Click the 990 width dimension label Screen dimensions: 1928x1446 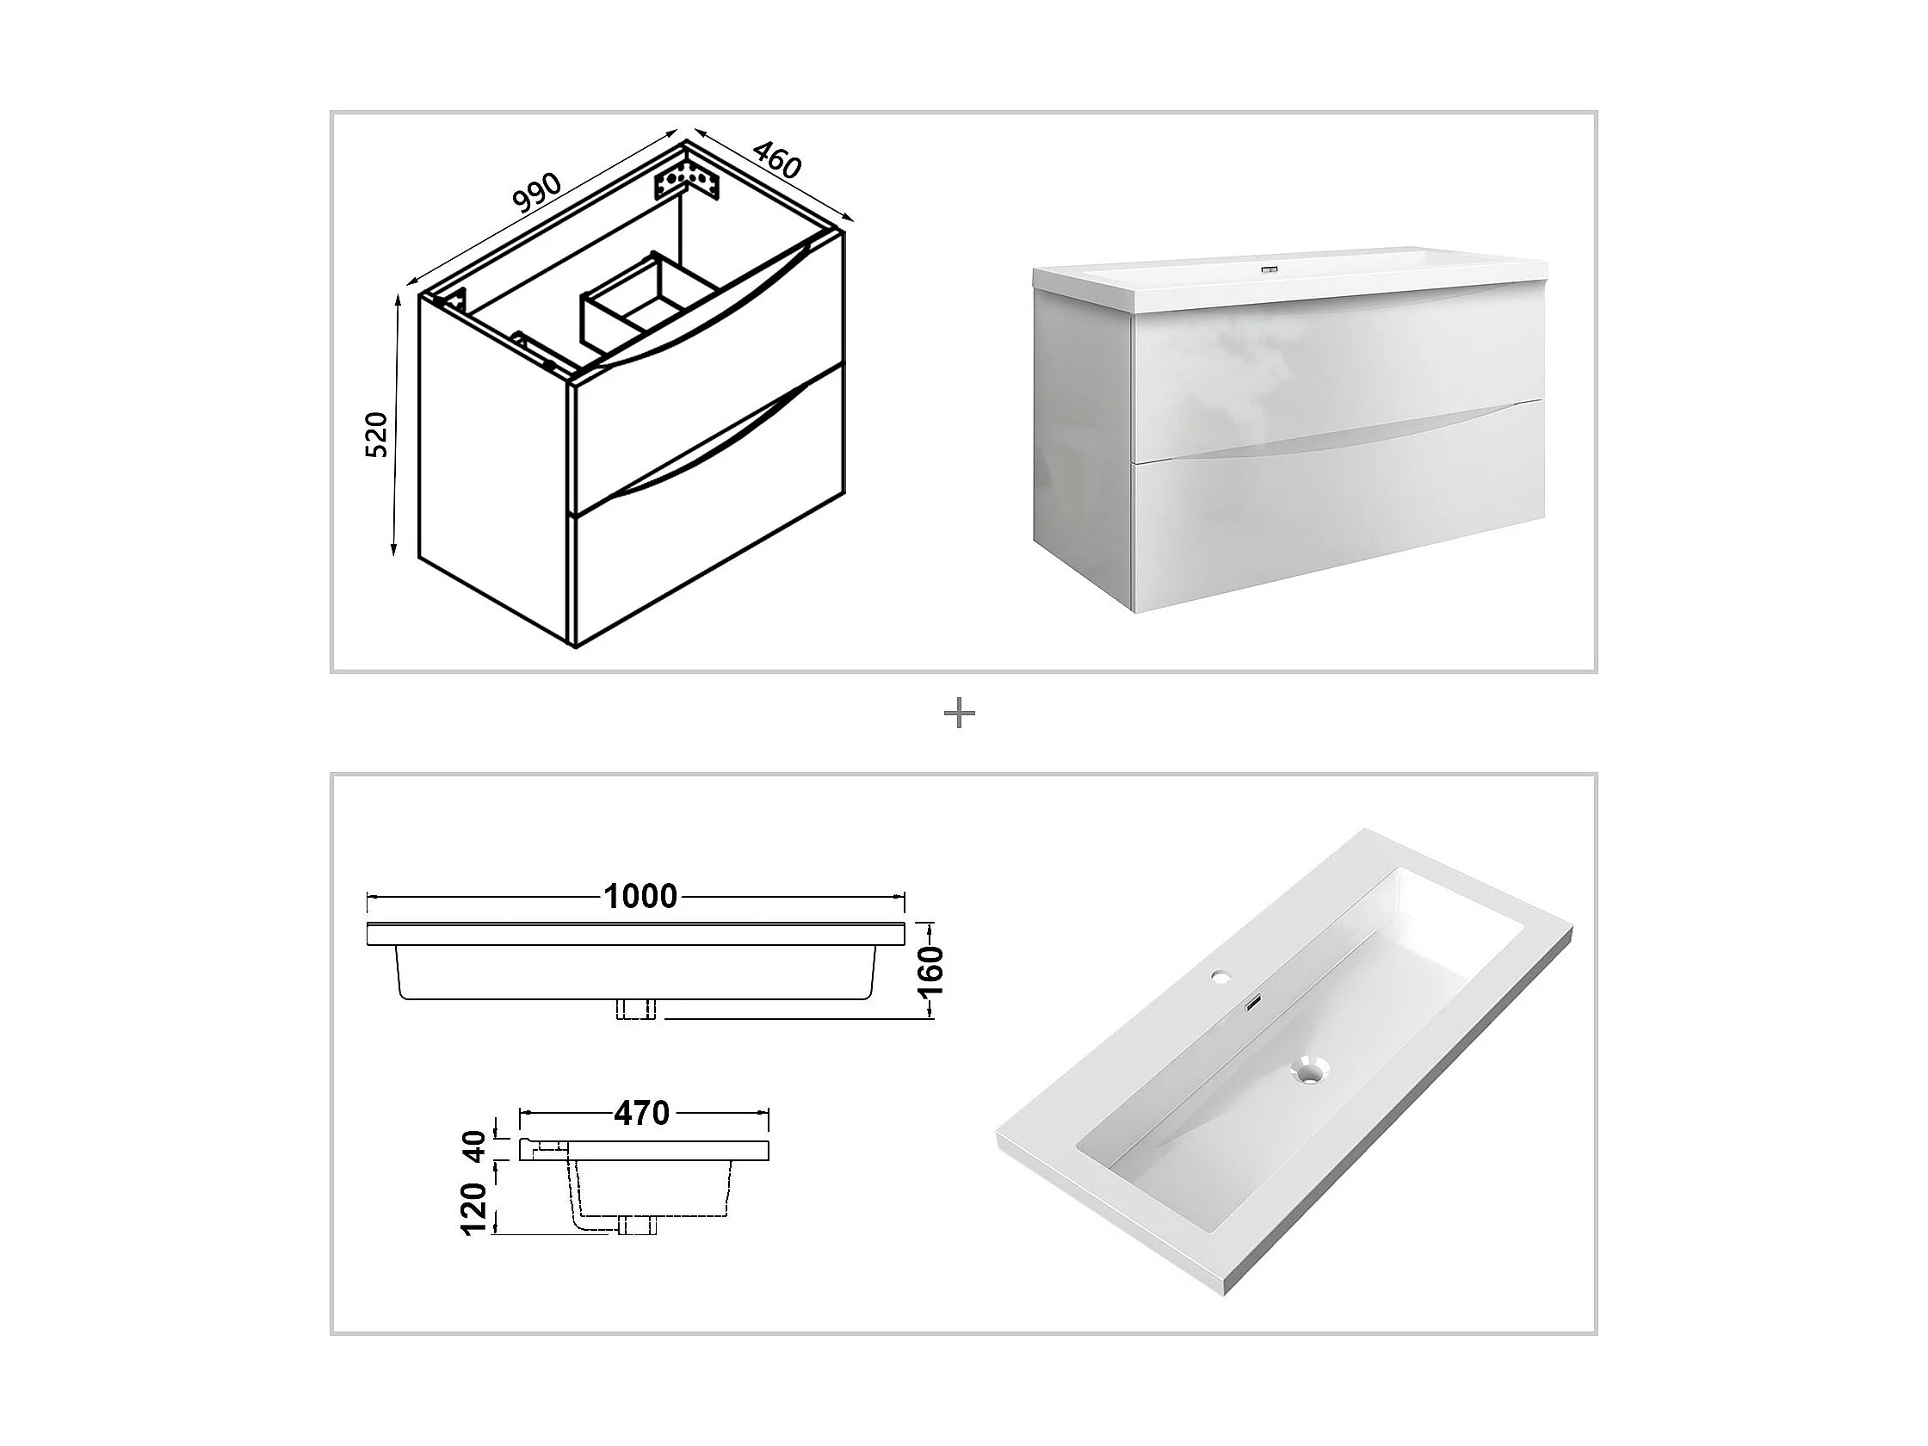536,194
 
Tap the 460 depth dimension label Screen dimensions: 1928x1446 775,158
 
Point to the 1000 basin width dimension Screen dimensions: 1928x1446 640,896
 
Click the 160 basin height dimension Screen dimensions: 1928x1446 931,969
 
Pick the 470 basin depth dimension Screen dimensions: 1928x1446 641,1113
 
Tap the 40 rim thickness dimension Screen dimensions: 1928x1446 475,1146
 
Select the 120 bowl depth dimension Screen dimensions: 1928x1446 475,1208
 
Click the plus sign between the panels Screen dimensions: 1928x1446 960,714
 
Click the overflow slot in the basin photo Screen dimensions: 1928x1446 1252,1005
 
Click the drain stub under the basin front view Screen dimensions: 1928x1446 635,1009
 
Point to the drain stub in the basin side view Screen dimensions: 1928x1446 635,1227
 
